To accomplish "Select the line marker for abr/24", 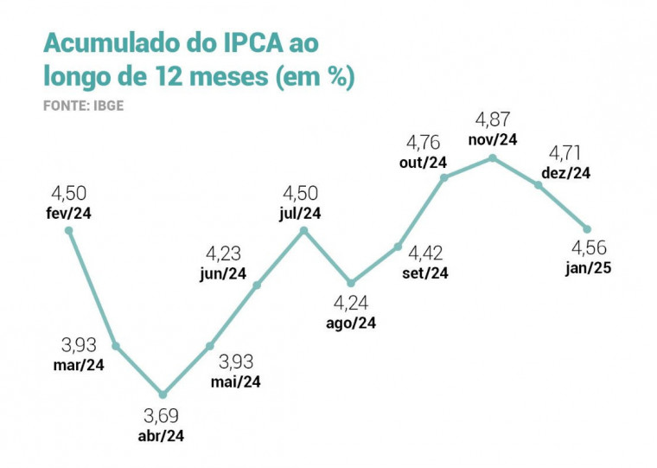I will (163, 394).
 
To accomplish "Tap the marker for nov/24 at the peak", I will (492, 157).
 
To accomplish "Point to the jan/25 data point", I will (587, 229).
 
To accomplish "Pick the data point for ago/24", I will (351, 283).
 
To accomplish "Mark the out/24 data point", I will (444, 178).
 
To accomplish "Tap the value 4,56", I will (589, 248).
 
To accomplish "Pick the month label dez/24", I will (566, 173).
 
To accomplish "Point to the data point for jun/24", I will (257, 283).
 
